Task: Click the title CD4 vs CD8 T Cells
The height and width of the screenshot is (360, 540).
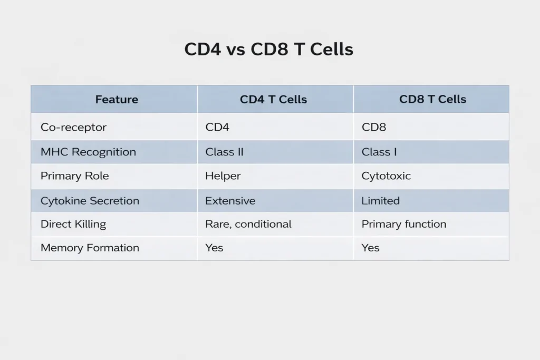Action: pos(269,50)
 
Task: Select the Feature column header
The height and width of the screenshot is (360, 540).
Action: pos(117,99)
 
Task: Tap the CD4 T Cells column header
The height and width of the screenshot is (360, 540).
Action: pos(273,99)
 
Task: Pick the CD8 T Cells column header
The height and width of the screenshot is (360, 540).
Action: pos(432,99)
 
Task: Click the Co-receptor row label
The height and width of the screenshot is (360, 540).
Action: pos(74,127)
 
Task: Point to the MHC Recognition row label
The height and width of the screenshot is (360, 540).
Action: pos(88,152)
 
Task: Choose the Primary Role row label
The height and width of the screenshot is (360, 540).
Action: pos(75,176)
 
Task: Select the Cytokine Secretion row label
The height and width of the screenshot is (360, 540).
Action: pos(90,201)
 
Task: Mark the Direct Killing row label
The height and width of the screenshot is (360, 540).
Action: pos(73,224)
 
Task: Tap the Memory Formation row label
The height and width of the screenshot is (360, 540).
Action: pos(90,248)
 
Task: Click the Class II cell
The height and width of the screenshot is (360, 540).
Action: pos(224,152)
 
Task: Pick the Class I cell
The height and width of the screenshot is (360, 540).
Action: pos(379,152)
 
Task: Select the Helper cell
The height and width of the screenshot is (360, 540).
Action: pos(223,176)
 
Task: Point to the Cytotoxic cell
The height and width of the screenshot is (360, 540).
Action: pos(386,176)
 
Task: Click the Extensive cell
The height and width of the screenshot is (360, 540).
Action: pos(230,201)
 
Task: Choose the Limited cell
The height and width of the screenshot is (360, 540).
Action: pos(381,201)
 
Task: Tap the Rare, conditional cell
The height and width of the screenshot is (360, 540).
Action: pos(248,224)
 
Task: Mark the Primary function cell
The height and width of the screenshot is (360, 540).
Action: pos(404,224)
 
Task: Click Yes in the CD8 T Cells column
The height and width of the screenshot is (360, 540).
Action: pos(370,248)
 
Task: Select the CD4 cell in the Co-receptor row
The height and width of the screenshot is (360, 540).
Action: pos(217,127)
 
